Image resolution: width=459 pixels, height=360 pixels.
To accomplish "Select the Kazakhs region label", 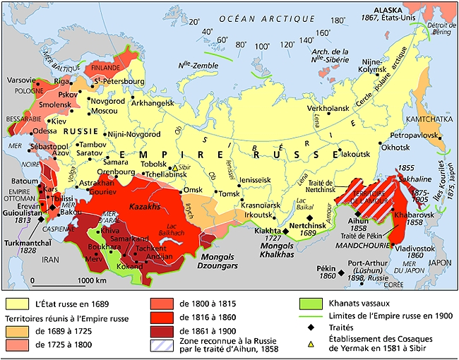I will tap(145, 206).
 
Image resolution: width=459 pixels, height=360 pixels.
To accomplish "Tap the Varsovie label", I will tap(22, 80).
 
